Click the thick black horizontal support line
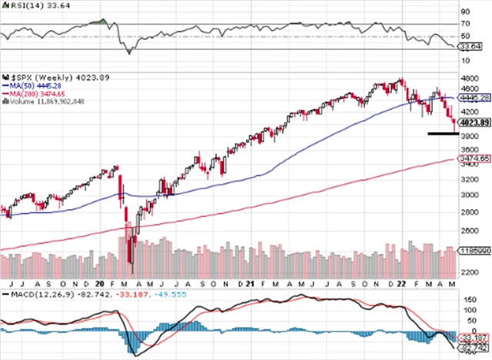point(444,134)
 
